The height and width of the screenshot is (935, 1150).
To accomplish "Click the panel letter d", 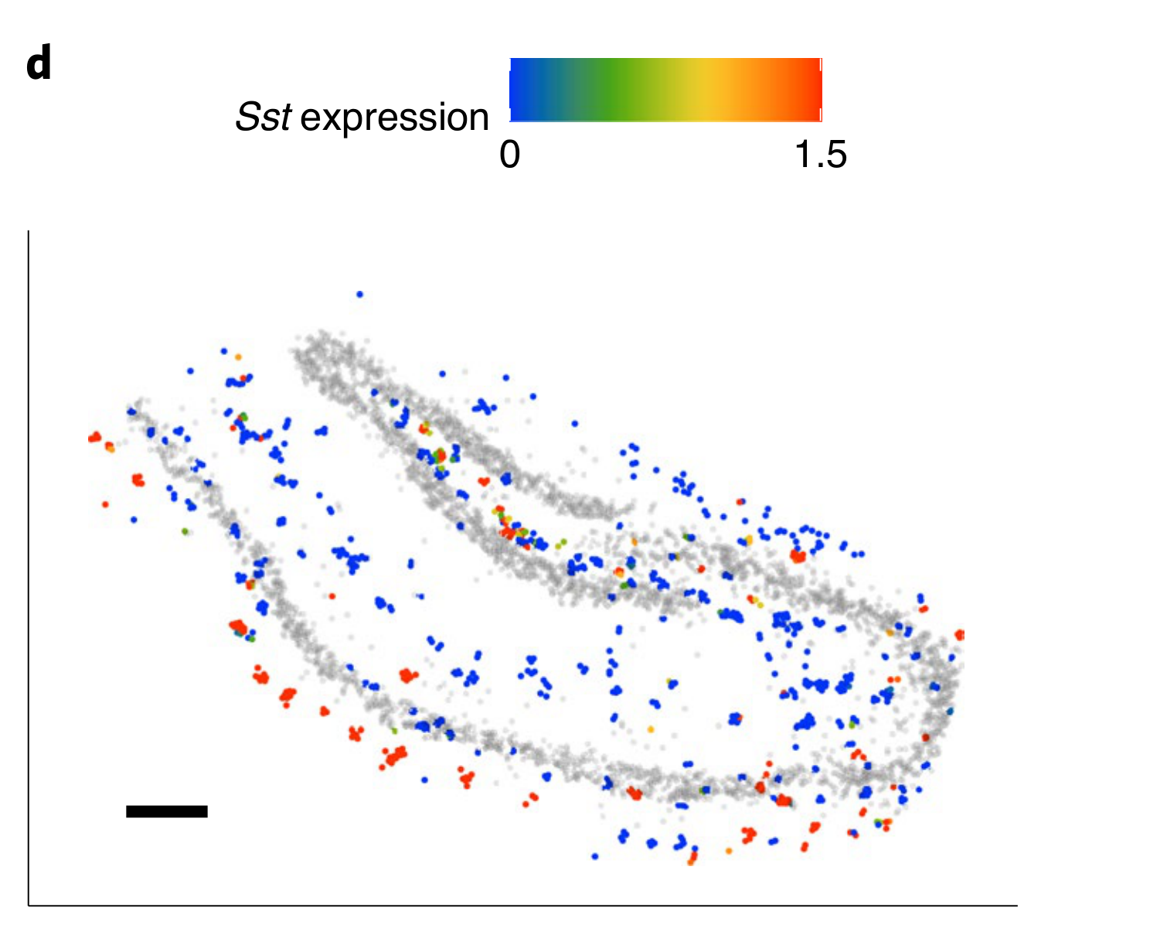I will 39,66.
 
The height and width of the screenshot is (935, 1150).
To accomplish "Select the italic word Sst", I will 264,118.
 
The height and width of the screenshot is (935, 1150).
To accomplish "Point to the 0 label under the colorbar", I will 510,155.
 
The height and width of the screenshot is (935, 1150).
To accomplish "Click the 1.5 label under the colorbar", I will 821,155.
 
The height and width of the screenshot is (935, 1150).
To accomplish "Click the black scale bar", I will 167,811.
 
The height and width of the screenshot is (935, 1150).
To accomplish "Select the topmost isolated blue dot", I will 359,294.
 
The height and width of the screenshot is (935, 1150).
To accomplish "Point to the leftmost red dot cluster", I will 95,438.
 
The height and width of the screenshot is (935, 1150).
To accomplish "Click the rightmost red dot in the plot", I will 960,635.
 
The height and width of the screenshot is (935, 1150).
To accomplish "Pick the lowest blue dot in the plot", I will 594,856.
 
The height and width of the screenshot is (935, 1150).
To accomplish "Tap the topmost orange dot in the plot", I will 238,357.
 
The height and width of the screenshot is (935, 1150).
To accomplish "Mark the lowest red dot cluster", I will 692,857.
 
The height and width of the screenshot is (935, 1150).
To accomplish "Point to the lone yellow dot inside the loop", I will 651,729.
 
